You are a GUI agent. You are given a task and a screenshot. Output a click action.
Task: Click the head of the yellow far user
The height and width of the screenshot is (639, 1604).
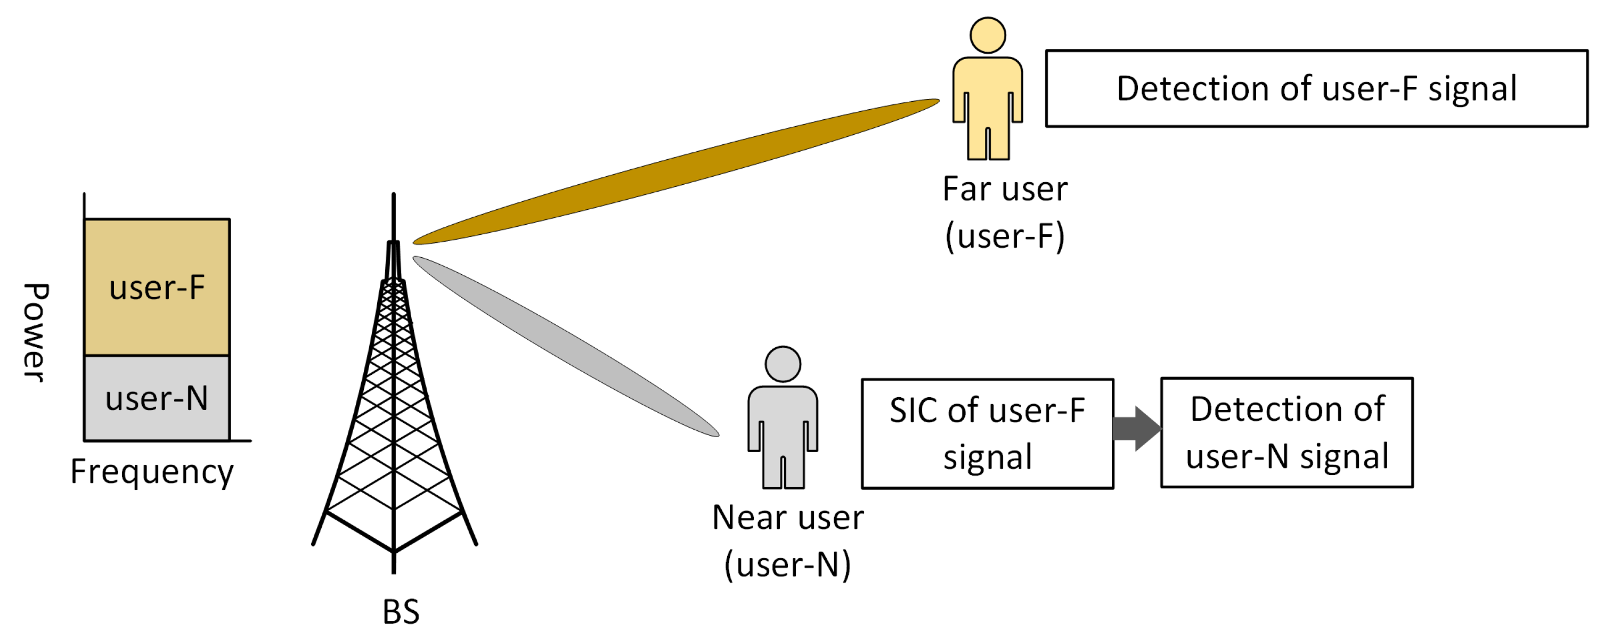[x=987, y=36]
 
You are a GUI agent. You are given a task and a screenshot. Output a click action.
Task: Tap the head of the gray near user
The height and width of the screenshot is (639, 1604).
[x=782, y=364]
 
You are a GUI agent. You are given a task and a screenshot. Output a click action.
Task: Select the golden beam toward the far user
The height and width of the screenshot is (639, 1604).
[x=675, y=171]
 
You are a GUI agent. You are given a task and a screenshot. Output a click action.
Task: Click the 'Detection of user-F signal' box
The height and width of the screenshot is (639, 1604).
[x=1316, y=88]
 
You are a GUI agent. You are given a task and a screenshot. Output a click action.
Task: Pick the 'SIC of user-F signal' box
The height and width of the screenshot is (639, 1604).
[x=987, y=433]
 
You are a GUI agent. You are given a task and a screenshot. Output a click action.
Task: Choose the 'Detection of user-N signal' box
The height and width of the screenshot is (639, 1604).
[x=1287, y=432]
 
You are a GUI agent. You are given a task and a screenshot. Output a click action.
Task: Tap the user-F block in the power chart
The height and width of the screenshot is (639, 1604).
[x=157, y=288]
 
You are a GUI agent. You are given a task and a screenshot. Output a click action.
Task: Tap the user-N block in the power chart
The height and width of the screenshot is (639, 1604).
[x=157, y=398]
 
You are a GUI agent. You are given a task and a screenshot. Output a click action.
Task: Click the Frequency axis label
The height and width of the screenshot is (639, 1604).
[x=152, y=472]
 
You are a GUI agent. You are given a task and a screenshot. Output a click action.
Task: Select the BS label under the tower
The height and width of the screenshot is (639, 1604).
[x=401, y=612]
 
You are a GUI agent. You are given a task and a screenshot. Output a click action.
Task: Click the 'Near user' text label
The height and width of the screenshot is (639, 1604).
[x=788, y=518]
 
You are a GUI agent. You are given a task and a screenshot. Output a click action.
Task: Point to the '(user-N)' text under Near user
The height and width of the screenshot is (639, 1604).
[x=788, y=565]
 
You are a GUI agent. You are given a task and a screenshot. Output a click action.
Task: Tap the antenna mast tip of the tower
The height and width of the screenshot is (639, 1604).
[x=394, y=198]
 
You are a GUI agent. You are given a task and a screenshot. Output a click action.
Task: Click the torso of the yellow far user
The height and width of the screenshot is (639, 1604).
[x=987, y=90]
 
